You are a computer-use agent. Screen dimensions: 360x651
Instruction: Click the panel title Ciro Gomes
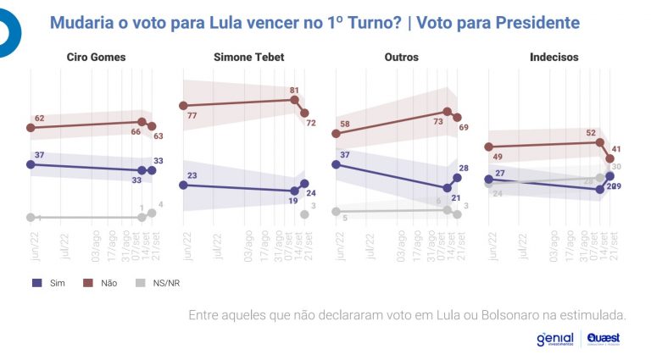tap(96, 57)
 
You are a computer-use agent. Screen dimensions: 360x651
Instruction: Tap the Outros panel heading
tap(398, 57)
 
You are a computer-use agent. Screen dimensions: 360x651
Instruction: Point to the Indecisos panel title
tap(554, 57)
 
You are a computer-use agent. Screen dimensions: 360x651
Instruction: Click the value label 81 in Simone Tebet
tap(295, 90)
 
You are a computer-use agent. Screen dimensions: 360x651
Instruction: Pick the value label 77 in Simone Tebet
tap(192, 114)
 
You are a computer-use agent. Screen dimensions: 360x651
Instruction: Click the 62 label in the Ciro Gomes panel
tap(39, 118)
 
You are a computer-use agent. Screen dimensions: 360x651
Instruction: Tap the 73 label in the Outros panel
tap(438, 121)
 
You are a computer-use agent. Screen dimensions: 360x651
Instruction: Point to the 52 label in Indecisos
tap(591, 132)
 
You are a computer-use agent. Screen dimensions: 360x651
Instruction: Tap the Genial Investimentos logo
tap(554, 339)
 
